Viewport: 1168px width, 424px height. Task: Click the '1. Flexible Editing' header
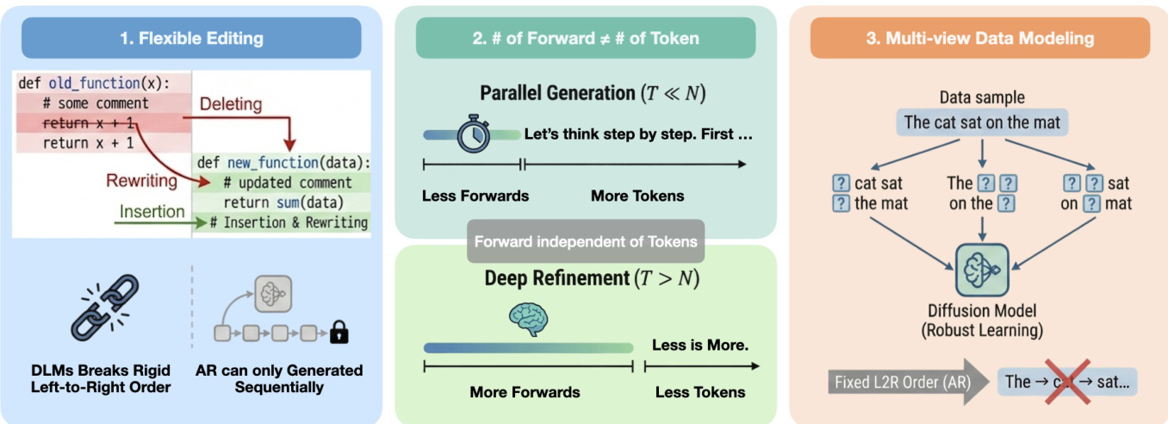tap(192, 38)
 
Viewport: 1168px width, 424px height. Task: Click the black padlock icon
tap(339, 332)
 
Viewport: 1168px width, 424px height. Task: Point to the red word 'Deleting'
tap(231, 104)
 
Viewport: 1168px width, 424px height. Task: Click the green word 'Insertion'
tap(152, 211)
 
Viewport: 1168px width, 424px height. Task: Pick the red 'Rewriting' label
tap(141, 181)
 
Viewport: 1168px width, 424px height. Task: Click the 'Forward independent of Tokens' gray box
tap(586, 241)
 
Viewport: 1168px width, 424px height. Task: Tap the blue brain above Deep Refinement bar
tap(528, 318)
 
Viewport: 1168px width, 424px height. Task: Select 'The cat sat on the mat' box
tap(982, 122)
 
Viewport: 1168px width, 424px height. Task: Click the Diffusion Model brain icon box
tap(982, 270)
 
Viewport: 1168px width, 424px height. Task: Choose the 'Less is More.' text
tap(699, 346)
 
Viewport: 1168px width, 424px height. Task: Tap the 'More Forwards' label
tap(525, 392)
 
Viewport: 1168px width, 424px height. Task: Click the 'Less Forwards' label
tap(475, 196)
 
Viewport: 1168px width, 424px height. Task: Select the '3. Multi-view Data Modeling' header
tap(979, 38)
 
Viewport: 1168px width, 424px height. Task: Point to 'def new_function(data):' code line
tap(283, 162)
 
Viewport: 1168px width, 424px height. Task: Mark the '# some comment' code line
tap(95, 103)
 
